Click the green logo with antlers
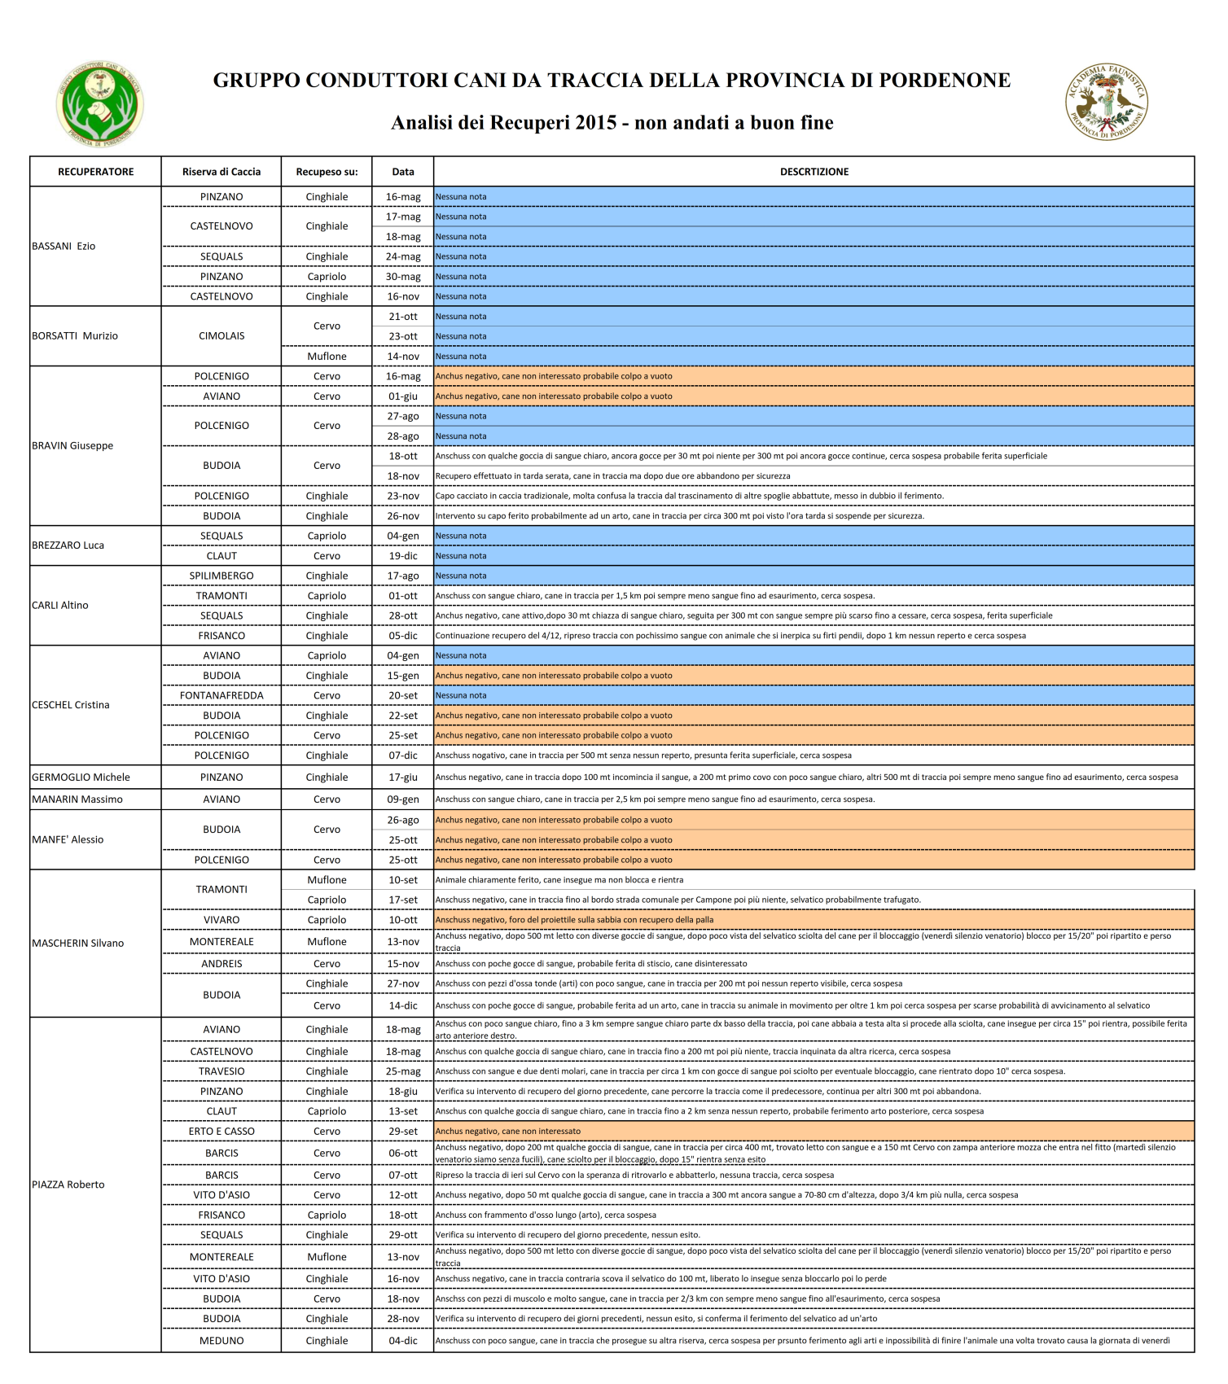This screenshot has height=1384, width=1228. pyautogui.click(x=99, y=104)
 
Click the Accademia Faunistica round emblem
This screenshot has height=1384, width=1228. pyautogui.click(x=1107, y=102)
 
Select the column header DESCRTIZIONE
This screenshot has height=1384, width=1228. pyautogui.click(x=814, y=172)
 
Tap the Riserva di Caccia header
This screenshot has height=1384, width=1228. pyautogui.click(x=221, y=172)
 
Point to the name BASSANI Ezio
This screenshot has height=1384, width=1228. pyautogui.click(x=64, y=246)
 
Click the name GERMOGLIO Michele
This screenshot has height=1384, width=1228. pyautogui.click(x=81, y=777)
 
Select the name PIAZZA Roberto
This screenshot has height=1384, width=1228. pyautogui.click(x=68, y=1185)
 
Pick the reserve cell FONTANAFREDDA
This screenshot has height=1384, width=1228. pyautogui.click(x=221, y=695)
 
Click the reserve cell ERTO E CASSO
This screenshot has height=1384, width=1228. pyautogui.click(x=221, y=1131)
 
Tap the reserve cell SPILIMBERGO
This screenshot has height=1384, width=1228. pyautogui.click(x=221, y=576)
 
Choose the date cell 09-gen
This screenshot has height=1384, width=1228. pyautogui.click(x=403, y=799)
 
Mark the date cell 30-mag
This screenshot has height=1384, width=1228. pyautogui.click(x=403, y=277)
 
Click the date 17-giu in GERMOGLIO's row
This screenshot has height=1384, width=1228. pyautogui.click(x=403, y=777)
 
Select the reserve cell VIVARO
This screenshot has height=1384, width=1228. pyautogui.click(x=221, y=920)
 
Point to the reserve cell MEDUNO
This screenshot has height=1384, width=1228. pyautogui.click(x=221, y=1341)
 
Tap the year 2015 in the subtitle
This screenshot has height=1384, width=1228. pyautogui.click(x=596, y=123)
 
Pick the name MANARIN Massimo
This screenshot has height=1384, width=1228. pyautogui.click(x=77, y=799)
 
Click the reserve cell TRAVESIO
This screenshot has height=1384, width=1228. pyautogui.click(x=221, y=1071)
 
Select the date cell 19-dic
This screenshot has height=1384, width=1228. pyautogui.click(x=403, y=556)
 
